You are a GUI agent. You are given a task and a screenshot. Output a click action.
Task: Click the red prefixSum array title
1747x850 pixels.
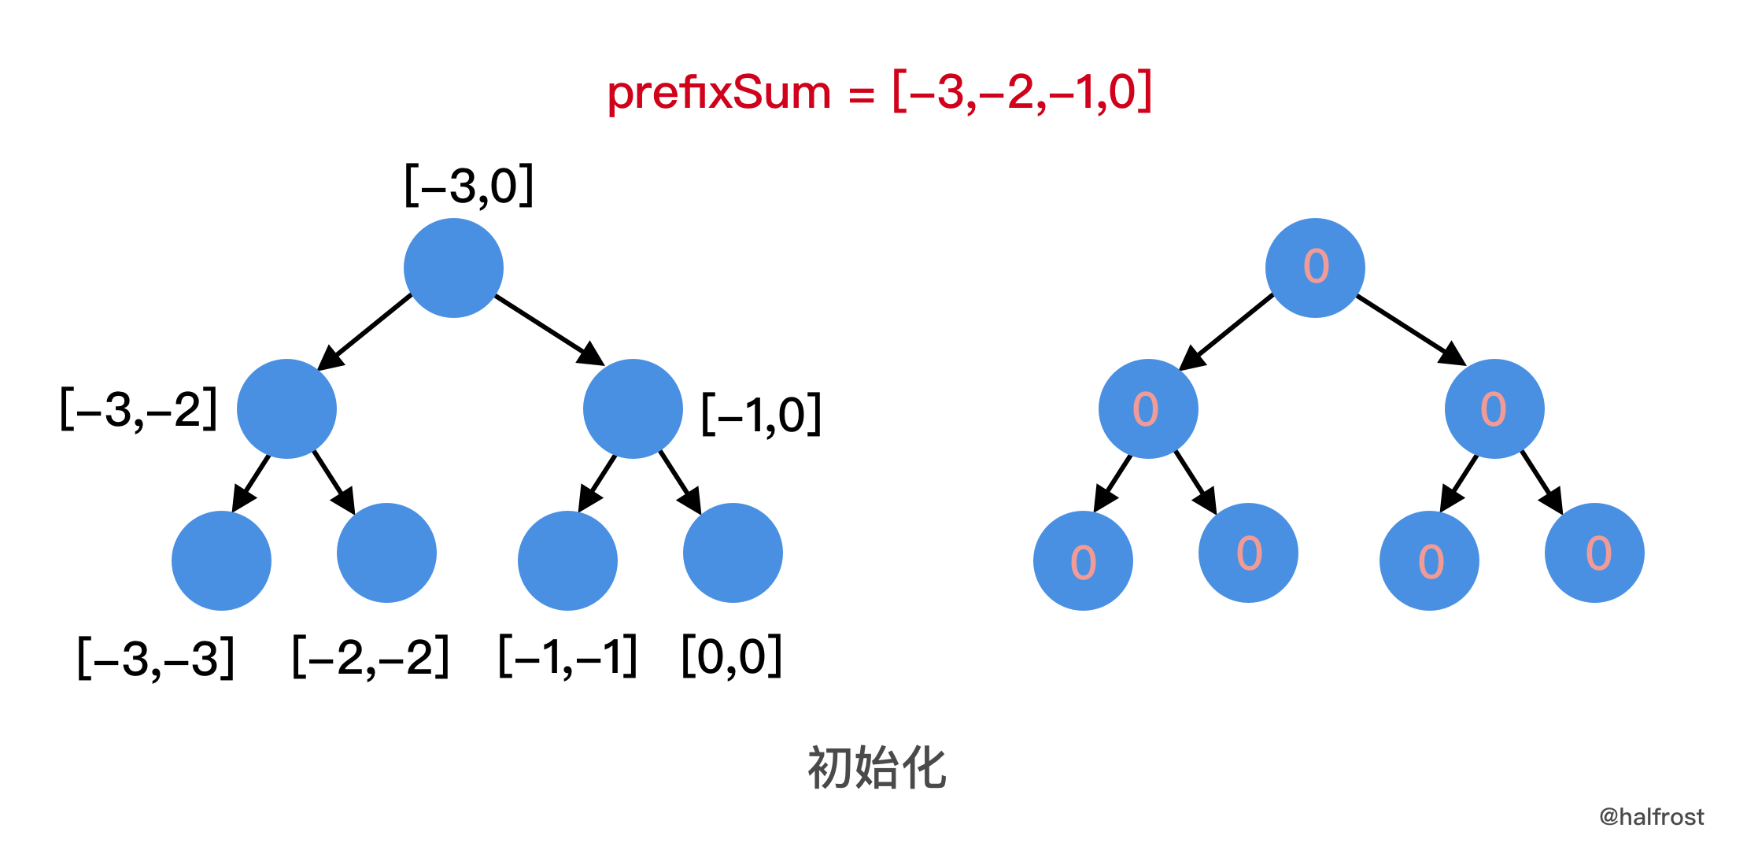pyautogui.click(x=879, y=93)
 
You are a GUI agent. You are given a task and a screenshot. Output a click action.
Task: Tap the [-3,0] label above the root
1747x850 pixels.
pyautogui.click(x=469, y=186)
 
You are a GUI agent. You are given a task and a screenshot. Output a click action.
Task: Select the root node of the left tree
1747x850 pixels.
pyautogui.click(x=453, y=268)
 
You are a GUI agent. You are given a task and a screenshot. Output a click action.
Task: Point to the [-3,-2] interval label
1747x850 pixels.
pyautogui.click(x=139, y=409)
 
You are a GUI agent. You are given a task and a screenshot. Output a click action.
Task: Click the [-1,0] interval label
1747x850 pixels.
pyautogui.click(x=761, y=414)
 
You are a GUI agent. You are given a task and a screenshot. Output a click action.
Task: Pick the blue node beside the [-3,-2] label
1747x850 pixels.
pyautogui.click(x=286, y=409)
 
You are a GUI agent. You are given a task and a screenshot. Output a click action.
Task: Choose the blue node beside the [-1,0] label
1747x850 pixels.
pyautogui.click(x=633, y=409)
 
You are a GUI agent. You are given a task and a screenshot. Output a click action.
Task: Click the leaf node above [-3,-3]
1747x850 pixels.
pyautogui.click(x=221, y=560)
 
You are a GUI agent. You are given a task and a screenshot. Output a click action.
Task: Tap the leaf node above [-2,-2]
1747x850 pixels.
pyautogui.click(x=386, y=552)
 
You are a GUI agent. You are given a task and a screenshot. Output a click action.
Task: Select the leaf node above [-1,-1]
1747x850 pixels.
pyautogui.click(x=567, y=560)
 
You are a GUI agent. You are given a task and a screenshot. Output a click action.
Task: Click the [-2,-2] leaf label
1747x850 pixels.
pyautogui.click(x=371, y=657)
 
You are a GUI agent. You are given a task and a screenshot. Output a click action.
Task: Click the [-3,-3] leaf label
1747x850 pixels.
pyautogui.click(x=156, y=658)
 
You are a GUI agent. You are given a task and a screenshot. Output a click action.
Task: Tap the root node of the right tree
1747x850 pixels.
pyautogui.click(x=1315, y=268)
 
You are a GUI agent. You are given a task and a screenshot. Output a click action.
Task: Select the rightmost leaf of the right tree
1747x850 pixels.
pyautogui.click(x=1594, y=552)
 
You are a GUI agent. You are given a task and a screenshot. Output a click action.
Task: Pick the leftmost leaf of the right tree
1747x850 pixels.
pyautogui.click(x=1083, y=560)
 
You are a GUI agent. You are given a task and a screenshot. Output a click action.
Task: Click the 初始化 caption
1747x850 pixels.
pyautogui.click(x=877, y=768)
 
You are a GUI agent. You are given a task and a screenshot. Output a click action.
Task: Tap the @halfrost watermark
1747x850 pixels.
pyautogui.click(x=1651, y=817)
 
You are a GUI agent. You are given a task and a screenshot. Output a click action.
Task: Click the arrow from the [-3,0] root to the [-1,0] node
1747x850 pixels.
pyautogui.click(x=549, y=330)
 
